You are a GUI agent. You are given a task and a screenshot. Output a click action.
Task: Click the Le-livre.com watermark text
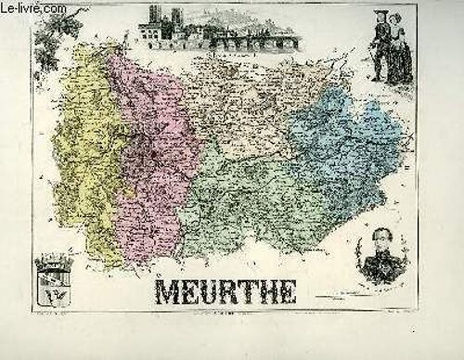pos(38,10)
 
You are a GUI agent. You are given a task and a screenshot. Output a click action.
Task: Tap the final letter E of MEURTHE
pos(285,291)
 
